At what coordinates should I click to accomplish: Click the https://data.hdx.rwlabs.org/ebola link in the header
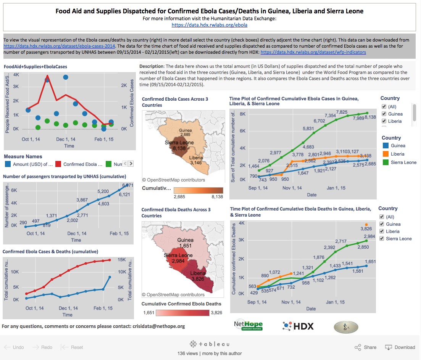point(210,25)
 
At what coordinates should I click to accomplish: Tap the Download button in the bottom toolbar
point(400,347)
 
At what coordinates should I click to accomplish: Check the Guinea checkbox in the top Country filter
point(384,114)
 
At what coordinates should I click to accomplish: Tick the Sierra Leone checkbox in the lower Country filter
point(382,238)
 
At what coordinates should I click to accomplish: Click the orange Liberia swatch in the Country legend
point(385,154)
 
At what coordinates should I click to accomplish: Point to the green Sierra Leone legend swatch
point(385,162)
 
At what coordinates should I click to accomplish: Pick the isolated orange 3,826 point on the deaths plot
point(366,225)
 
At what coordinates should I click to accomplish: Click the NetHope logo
point(248,325)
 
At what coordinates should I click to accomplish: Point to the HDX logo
point(298,326)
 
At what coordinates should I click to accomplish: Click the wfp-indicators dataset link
point(313,52)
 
